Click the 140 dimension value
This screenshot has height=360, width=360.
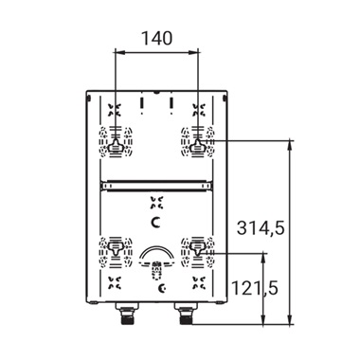pos(156,38)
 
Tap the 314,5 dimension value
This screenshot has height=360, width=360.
pos(261,227)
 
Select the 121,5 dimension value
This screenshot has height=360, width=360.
pos(255,288)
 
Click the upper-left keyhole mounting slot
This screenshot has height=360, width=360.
pos(116,146)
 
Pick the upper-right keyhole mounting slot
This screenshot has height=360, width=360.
pos(197,146)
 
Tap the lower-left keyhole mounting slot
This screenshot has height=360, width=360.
pos(116,248)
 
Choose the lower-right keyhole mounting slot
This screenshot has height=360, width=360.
pos(197,248)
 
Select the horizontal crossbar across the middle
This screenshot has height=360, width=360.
pos(156,186)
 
